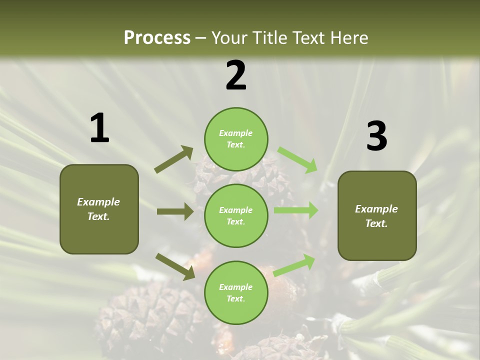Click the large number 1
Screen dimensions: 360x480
[x=99, y=128]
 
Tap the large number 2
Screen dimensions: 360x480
[x=236, y=75]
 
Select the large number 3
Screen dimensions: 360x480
[x=376, y=136]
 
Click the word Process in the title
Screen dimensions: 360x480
[x=157, y=37]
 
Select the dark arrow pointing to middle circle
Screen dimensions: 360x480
[x=175, y=211]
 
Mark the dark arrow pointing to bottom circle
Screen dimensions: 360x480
[x=175, y=266]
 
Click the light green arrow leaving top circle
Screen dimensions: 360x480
[x=297, y=159]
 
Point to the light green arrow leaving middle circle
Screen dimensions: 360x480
[x=296, y=210]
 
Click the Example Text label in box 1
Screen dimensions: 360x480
[x=98, y=209]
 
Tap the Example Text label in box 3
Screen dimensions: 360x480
[x=376, y=216]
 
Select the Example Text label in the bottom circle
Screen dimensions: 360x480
[x=235, y=293]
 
